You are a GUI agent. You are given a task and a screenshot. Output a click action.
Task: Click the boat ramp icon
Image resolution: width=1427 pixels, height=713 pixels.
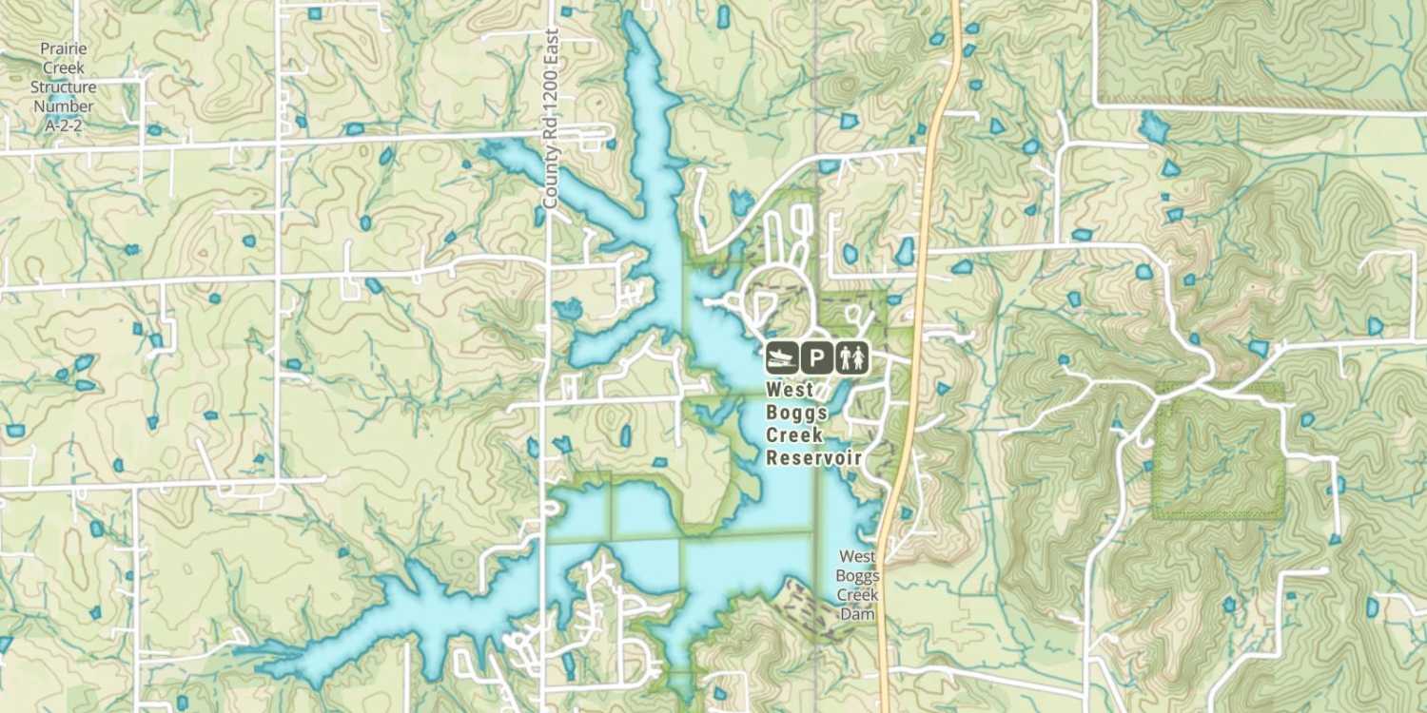click(x=782, y=357)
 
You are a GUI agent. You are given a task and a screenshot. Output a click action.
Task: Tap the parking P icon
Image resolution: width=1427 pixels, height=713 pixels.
click(x=817, y=357)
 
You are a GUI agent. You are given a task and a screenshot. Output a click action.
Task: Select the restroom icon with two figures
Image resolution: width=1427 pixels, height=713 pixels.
click(x=852, y=357)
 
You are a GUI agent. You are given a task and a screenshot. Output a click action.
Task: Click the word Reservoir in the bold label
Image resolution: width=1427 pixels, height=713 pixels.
click(x=813, y=458)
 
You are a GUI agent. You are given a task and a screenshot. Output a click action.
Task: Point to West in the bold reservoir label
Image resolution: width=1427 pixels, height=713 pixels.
click(x=790, y=390)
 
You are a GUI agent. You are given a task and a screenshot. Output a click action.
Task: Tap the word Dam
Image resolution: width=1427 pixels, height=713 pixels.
click(x=856, y=614)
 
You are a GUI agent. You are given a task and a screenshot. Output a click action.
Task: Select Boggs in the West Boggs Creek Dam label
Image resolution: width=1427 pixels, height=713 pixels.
click(x=856, y=575)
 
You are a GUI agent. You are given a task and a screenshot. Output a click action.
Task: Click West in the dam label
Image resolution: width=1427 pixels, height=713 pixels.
click(x=856, y=556)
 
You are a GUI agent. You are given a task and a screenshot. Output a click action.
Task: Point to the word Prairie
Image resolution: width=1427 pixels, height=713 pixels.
click(x=64, y=48)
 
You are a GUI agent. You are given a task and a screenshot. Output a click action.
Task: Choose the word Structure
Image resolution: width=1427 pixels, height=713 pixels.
click(x=64, y=87)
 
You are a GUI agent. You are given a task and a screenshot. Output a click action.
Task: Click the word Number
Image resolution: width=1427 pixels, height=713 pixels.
click(x=64, y=106)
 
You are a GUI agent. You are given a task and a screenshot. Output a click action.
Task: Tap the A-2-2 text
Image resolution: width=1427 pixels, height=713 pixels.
click(x=64, y=125)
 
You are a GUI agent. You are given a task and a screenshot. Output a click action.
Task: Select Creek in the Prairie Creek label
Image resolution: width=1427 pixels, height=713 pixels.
click(x=64, y=67)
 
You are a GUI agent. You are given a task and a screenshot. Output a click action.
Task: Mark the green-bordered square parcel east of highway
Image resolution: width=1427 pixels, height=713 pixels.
click(x=1219, y=452)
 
